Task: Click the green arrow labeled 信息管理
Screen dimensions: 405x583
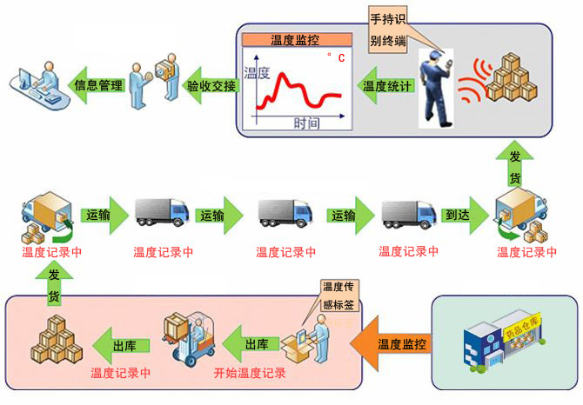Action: pos(95,85)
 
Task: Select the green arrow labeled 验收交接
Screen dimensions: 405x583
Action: pos(208,85)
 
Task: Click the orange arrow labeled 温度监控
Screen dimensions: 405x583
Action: pos(396,344)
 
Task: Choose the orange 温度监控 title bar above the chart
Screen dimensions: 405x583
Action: pos(294,39)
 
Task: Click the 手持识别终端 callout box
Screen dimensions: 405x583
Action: pos(387,29)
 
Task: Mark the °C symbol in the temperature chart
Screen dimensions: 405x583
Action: pos(334,58)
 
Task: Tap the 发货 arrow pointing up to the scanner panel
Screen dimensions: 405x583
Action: pos(513,165)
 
